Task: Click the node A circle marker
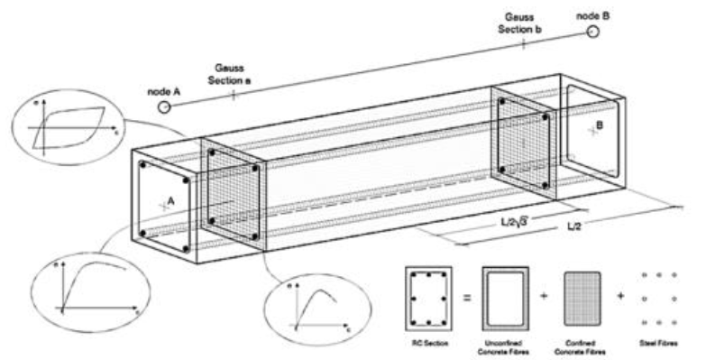(165, 106)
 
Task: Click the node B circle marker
(592, 32)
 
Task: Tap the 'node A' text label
(162, 90)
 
